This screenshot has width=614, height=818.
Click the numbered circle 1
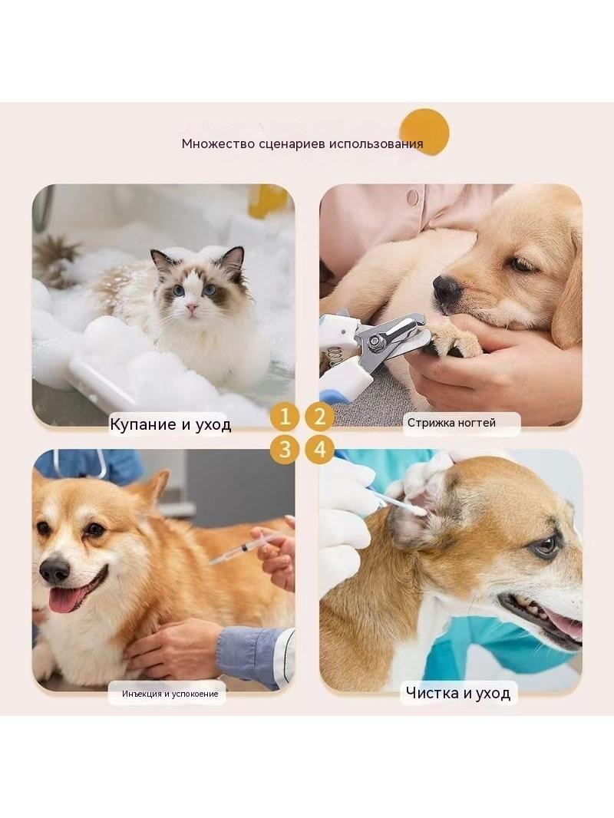click(286, 417)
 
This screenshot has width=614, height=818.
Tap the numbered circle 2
click(320, 417)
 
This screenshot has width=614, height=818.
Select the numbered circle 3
click(286, 449)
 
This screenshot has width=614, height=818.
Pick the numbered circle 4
click(320, 449)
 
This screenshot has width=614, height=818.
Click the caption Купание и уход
click(170, 424)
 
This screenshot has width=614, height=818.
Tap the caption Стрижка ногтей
click(452, 423)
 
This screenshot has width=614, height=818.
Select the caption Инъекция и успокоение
click(170, 694)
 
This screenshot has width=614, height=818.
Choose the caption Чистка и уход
click(458, 693)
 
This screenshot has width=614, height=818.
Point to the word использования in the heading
click(375, 144)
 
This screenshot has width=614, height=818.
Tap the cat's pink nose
click(193, 308)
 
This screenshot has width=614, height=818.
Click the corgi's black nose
click(54, 571)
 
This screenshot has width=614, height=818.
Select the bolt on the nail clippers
click(374, 341)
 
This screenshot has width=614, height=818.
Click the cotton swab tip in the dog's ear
click(419, 511)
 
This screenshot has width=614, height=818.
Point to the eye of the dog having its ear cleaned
click(545, 546)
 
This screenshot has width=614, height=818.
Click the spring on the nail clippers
click(335, 355)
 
